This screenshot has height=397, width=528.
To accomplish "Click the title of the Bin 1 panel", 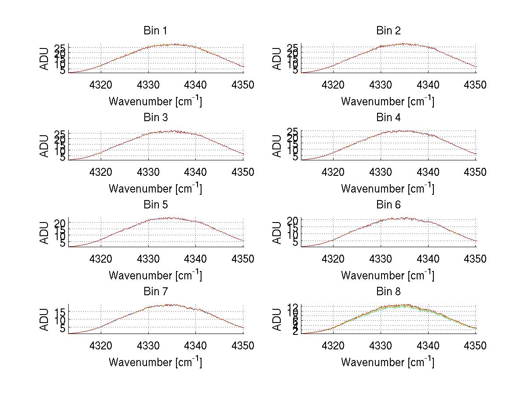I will [155, 30].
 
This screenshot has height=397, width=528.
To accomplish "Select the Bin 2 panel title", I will [388, 30].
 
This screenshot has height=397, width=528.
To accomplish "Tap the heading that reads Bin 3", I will [155, 118].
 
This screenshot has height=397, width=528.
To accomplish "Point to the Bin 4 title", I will [388, 118].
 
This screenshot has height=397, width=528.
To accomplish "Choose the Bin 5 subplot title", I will [155, 205].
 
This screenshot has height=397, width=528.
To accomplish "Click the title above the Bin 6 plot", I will [388, 205].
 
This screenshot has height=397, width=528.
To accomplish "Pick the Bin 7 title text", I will [155, 292].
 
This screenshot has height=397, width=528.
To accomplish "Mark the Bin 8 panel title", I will [388, 292].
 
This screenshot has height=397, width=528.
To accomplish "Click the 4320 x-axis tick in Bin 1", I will [101, 85].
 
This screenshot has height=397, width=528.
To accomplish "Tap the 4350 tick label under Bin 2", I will [475, 85].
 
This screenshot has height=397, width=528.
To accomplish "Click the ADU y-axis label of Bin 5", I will [44, 233].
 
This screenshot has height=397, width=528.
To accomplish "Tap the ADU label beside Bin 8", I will [277, 319].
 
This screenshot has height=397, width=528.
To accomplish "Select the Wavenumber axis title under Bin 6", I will [388, 275].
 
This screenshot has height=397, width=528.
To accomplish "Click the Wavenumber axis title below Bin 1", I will [155, 101].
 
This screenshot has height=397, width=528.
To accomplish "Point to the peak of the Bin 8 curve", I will [405, 305].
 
